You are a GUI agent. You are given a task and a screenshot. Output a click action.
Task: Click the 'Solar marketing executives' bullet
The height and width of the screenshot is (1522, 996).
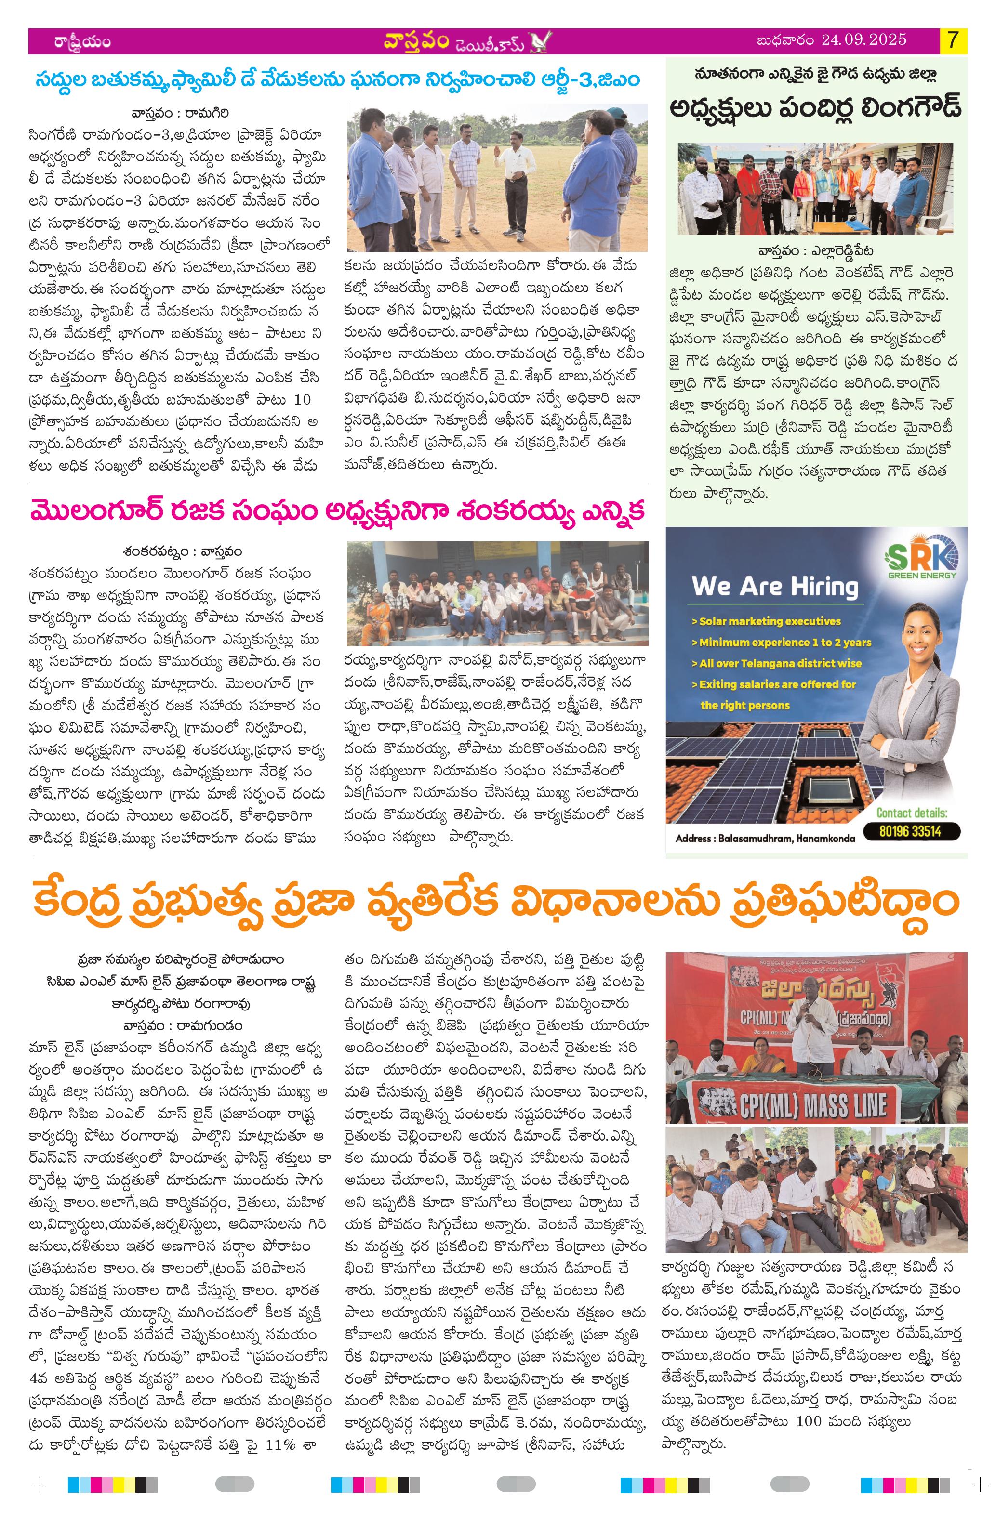tap(766, 621)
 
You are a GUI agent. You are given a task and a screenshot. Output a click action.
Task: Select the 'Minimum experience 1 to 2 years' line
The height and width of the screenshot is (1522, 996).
tap(781, 642)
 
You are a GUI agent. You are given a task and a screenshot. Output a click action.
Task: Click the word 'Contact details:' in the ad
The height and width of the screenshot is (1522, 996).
tap(912, 813)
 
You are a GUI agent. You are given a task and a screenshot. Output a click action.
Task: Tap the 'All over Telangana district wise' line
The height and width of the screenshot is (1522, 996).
tap(776, 663)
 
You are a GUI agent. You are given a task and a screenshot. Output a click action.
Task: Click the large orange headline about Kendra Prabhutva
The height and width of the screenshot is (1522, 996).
tap(494, 901)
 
